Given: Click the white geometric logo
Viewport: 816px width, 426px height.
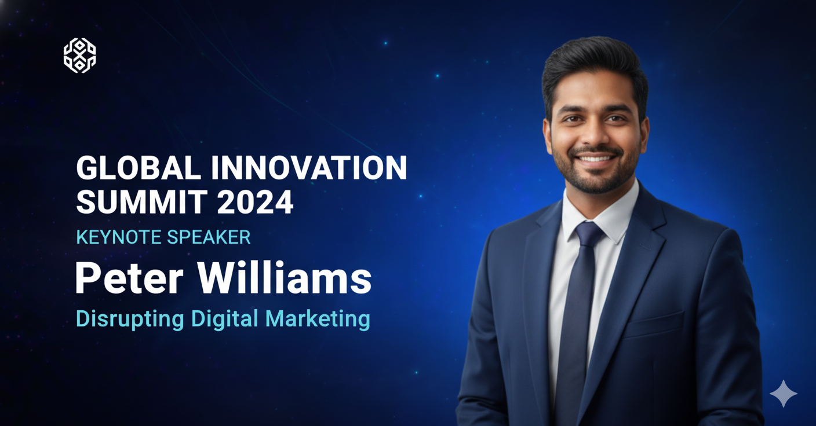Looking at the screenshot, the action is (80, 56).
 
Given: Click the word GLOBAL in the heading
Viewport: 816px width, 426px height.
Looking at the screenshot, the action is (139, 168).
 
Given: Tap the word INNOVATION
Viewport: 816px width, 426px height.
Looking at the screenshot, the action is (309, 168).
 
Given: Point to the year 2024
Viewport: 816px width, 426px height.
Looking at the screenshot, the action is (256, 201).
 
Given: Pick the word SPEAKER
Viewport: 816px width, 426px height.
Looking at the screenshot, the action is (209, 237).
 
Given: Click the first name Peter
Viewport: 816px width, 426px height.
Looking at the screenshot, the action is (129, 278).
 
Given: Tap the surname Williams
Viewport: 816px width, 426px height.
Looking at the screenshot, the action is (285, 278).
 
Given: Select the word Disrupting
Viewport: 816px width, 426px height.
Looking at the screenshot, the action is (130, 319).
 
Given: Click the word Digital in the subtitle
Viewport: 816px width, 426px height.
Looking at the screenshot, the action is (225, 319).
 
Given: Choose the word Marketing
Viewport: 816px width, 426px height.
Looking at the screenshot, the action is (318, 319).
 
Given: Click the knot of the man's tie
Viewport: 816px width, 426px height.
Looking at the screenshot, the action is (589, 233).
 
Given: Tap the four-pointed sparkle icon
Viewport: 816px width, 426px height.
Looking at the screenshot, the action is (784, 394).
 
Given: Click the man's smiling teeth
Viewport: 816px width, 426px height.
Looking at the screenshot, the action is (595, 158).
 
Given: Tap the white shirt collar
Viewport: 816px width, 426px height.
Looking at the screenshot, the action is (601, 215).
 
